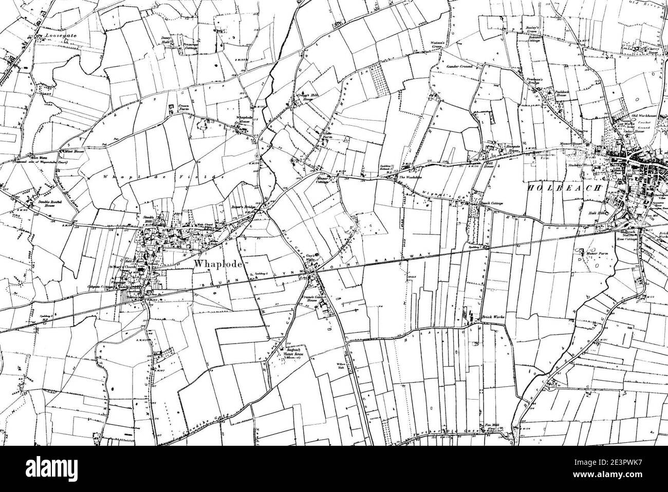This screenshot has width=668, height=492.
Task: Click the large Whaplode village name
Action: point(215,263)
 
